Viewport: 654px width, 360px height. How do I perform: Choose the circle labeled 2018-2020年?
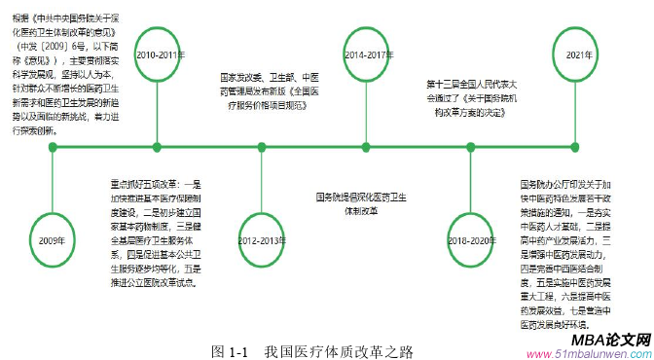[x=473, y=238]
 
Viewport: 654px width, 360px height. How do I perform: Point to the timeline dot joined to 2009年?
[x=53, y=148]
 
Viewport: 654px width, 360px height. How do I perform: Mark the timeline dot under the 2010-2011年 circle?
[x=159, y=148]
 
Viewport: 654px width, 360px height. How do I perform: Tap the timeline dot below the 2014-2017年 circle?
[x=369, y=148]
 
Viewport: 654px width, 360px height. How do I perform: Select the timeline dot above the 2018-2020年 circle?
[x=473, y=148]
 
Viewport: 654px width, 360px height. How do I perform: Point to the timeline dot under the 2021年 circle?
[x=576, y=148]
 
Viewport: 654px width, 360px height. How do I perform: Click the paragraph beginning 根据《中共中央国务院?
[x=65, y=71]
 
